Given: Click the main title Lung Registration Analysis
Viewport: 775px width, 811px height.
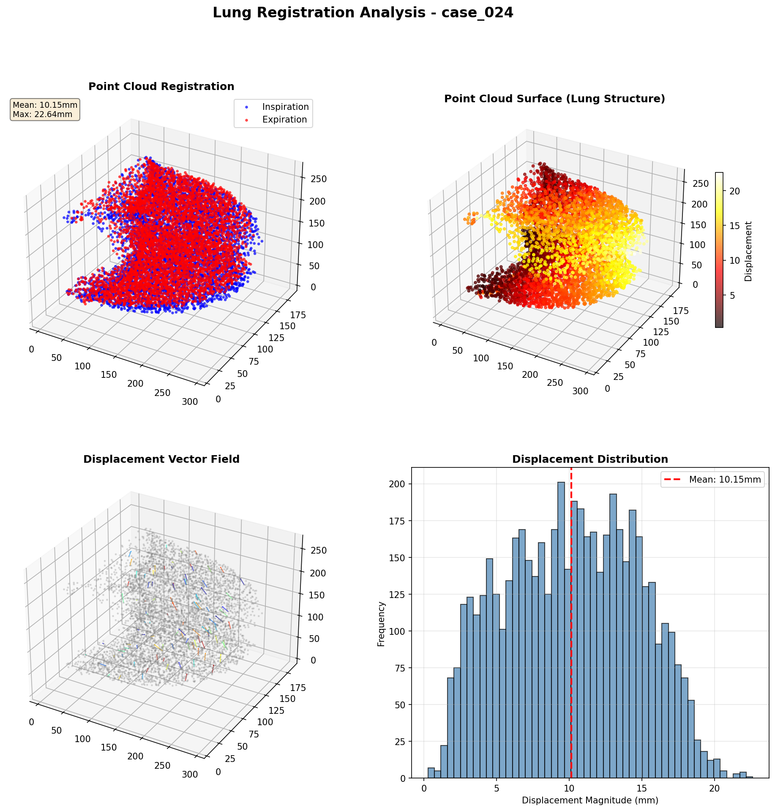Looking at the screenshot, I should (363, 13).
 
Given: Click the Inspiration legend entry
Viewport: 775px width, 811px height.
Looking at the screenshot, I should (285, 107).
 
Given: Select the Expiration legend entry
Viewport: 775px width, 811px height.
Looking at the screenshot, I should (284, 120).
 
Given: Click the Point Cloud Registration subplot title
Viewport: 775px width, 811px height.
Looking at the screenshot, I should (161, 87).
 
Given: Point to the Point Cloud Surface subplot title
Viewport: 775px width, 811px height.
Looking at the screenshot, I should (554, 99).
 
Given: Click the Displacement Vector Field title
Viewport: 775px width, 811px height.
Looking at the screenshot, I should (161, 459).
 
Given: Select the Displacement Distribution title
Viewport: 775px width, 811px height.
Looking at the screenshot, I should (590, 459).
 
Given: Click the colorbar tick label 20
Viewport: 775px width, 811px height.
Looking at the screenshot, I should (734, 191).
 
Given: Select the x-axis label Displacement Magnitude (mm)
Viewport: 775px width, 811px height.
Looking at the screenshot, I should (590, 800).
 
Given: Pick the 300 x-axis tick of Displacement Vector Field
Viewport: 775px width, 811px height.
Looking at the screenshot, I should (190, 775).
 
